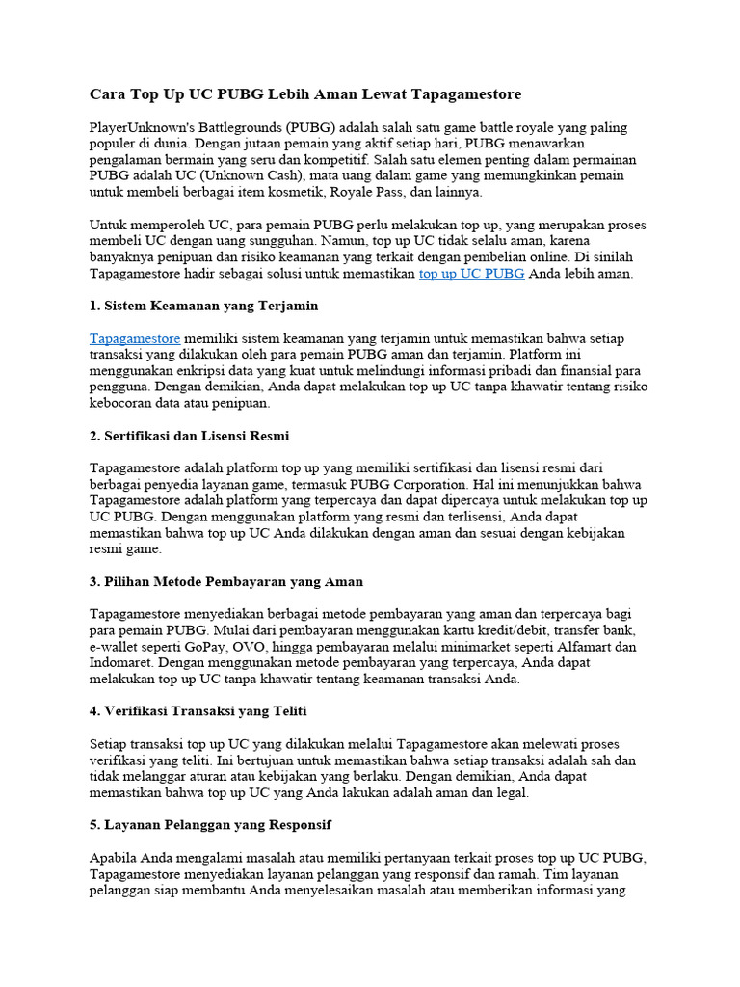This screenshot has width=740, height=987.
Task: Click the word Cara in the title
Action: point(107,94)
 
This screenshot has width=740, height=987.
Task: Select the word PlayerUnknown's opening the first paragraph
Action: point(145,127)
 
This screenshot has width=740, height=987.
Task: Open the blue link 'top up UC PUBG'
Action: point(471,274)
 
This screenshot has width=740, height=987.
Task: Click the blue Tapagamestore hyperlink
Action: point(135,339)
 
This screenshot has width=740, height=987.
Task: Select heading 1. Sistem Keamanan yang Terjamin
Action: point(203,306)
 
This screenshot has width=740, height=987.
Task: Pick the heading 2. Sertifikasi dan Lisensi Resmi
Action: point(189,436)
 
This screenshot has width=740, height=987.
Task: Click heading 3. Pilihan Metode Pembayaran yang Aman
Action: point(226,582)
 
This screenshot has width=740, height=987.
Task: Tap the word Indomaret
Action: point(121,663)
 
